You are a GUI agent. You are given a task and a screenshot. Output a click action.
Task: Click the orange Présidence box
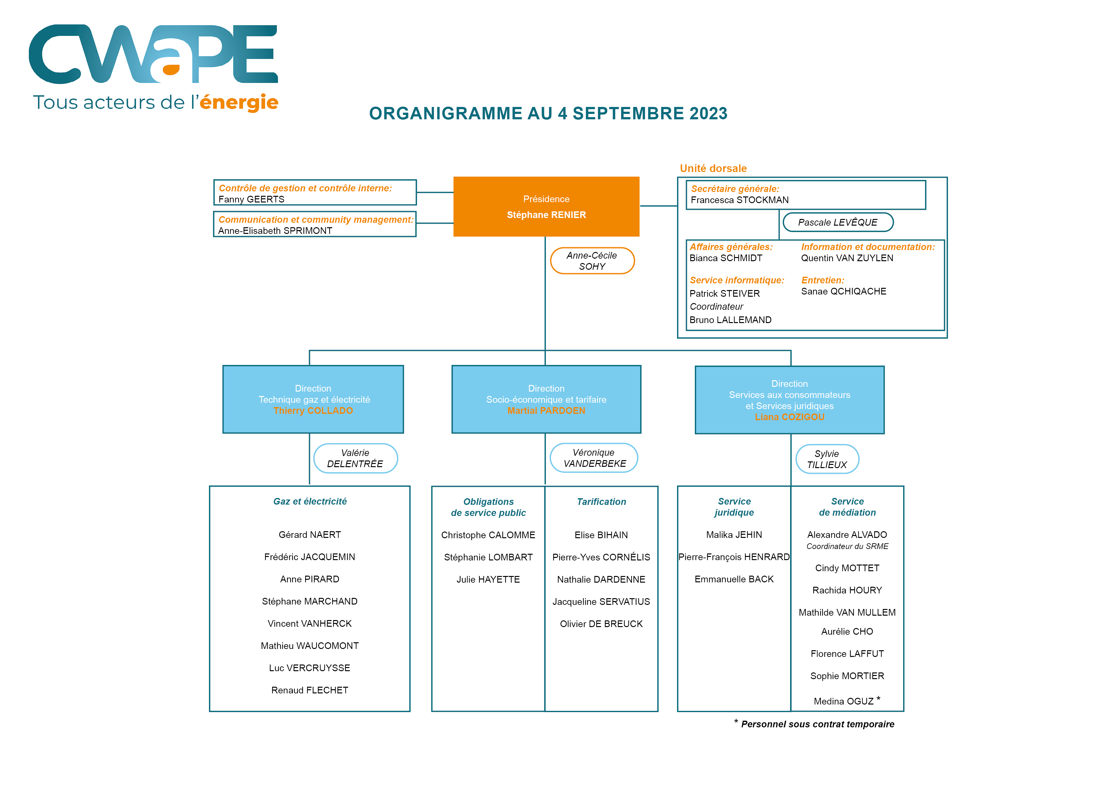pyautogui.click(x=546, y=207)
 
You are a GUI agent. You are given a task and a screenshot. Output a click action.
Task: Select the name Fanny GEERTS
pyautogui.click(x=251, y=199)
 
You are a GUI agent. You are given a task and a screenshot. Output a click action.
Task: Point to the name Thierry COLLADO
pyautogui.click(x=313, y=411)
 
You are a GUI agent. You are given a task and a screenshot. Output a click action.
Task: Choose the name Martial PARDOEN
pyautogui.click(x=546, y=411)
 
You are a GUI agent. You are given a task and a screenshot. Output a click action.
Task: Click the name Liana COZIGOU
pyautogui.click(x=789, y=417)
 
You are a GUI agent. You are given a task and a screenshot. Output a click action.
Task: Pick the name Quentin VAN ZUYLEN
pyautogui.click(x=847, y=258)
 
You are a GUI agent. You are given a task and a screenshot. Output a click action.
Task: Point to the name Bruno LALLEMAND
pyautogui.click(x=730, y=320)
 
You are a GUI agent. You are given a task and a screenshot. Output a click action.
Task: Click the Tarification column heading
pyautogui.click(x=601, y=502)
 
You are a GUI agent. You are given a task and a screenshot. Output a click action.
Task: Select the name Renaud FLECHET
pyautogui.click(x=310, y=690)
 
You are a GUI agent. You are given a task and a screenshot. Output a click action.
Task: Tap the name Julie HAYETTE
pyautogui.click(x=488, y=579)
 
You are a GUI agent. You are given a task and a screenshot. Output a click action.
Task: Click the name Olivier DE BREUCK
pyautogui.click(x=601, y=624)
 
